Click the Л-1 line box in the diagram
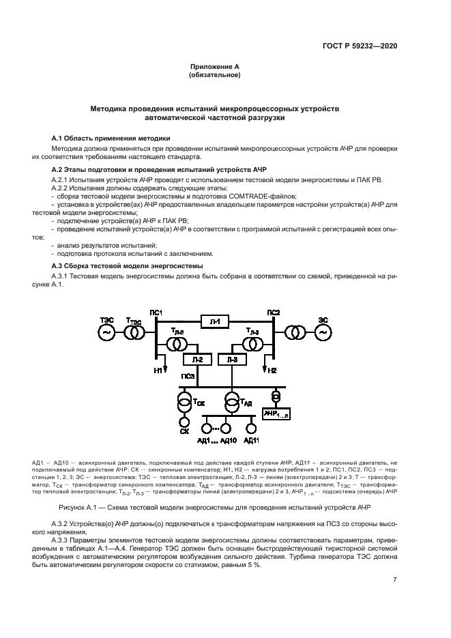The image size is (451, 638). coord(214,320)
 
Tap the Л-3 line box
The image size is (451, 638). coord(231,359)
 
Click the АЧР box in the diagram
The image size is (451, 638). coord(276,414)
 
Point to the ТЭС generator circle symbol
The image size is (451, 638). coord(108,332)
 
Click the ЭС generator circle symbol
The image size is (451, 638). coord(321,332)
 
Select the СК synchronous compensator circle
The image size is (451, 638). coord(184,428)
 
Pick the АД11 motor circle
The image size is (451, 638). coord(251,428)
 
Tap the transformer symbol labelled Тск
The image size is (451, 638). coord(184,402)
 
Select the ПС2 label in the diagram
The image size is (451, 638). coord(273,313)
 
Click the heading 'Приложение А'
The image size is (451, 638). coord(214,66)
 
